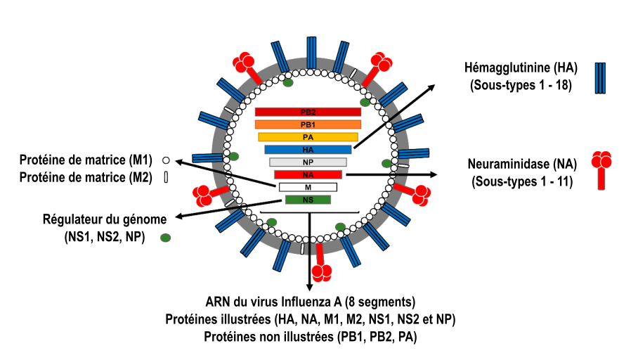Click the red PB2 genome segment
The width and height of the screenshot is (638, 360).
308,112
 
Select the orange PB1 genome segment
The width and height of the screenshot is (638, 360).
308,124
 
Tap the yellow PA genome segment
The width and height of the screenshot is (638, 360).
308,137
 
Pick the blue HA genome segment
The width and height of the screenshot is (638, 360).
308,149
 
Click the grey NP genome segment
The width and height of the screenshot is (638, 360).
308,162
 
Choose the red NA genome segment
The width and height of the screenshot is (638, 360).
308,174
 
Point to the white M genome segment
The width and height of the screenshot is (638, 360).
308,187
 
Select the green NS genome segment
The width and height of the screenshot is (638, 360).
308,200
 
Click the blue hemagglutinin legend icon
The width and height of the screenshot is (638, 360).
601,77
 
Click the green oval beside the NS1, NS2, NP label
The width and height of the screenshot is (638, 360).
166,238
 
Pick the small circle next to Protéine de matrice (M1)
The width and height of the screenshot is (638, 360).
166,160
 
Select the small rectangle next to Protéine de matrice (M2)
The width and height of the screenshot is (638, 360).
166,177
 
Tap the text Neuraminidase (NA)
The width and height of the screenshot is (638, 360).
521,165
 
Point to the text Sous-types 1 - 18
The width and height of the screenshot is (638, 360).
520,86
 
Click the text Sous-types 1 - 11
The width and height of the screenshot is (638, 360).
521,182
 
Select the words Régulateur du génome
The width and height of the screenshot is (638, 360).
104,219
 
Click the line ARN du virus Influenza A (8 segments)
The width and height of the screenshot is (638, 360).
310,302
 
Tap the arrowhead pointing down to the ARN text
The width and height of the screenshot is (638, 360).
309,287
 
